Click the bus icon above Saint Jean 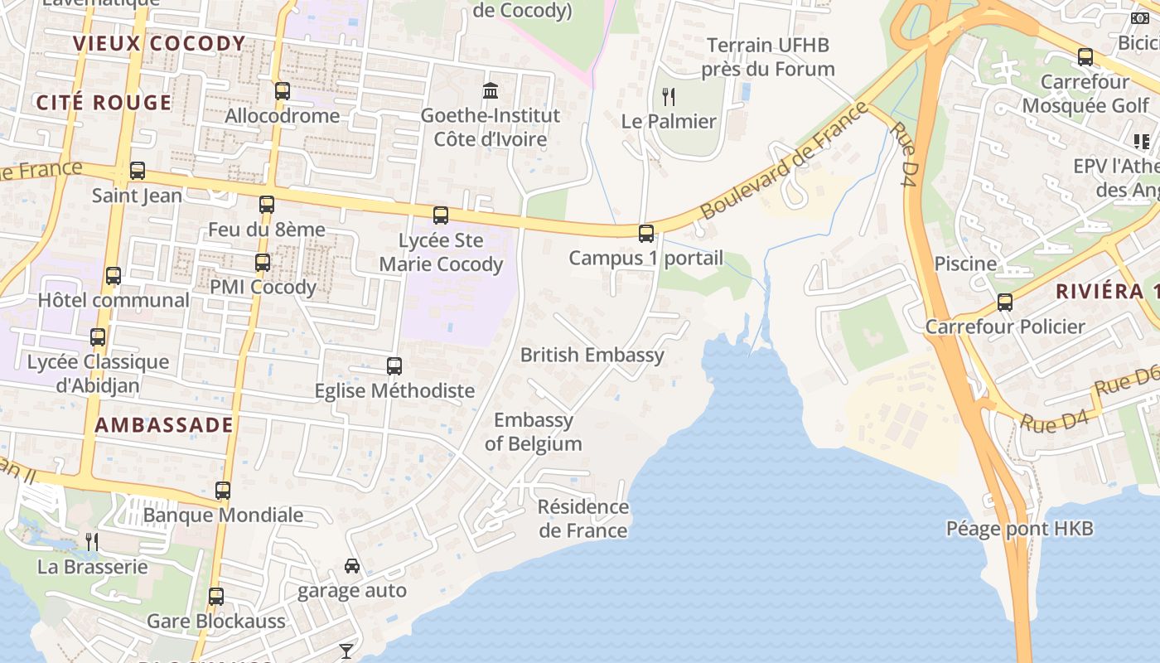coord(138,171)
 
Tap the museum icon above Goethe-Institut coord(490,90)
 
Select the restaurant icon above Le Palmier coord(669,97)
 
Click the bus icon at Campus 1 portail coord(646,234)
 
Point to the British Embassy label coord(592,356)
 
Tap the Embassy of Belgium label coord(534,432)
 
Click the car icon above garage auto coord(352,566)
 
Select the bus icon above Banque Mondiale coord(223,491)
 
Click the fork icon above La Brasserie coord(92,542)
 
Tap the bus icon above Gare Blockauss coord(216,597)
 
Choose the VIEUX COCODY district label coord(160,43)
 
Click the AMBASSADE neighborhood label coord(164,425)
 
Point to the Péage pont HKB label coord(1020,529)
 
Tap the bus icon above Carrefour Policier coord(1005,302)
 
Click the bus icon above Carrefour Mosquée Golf coord(1085,57)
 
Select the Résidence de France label coord(583,518)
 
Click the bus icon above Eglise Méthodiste coord(394,366)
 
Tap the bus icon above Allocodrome coord(283,91)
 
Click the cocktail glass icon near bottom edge coord(346,651)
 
